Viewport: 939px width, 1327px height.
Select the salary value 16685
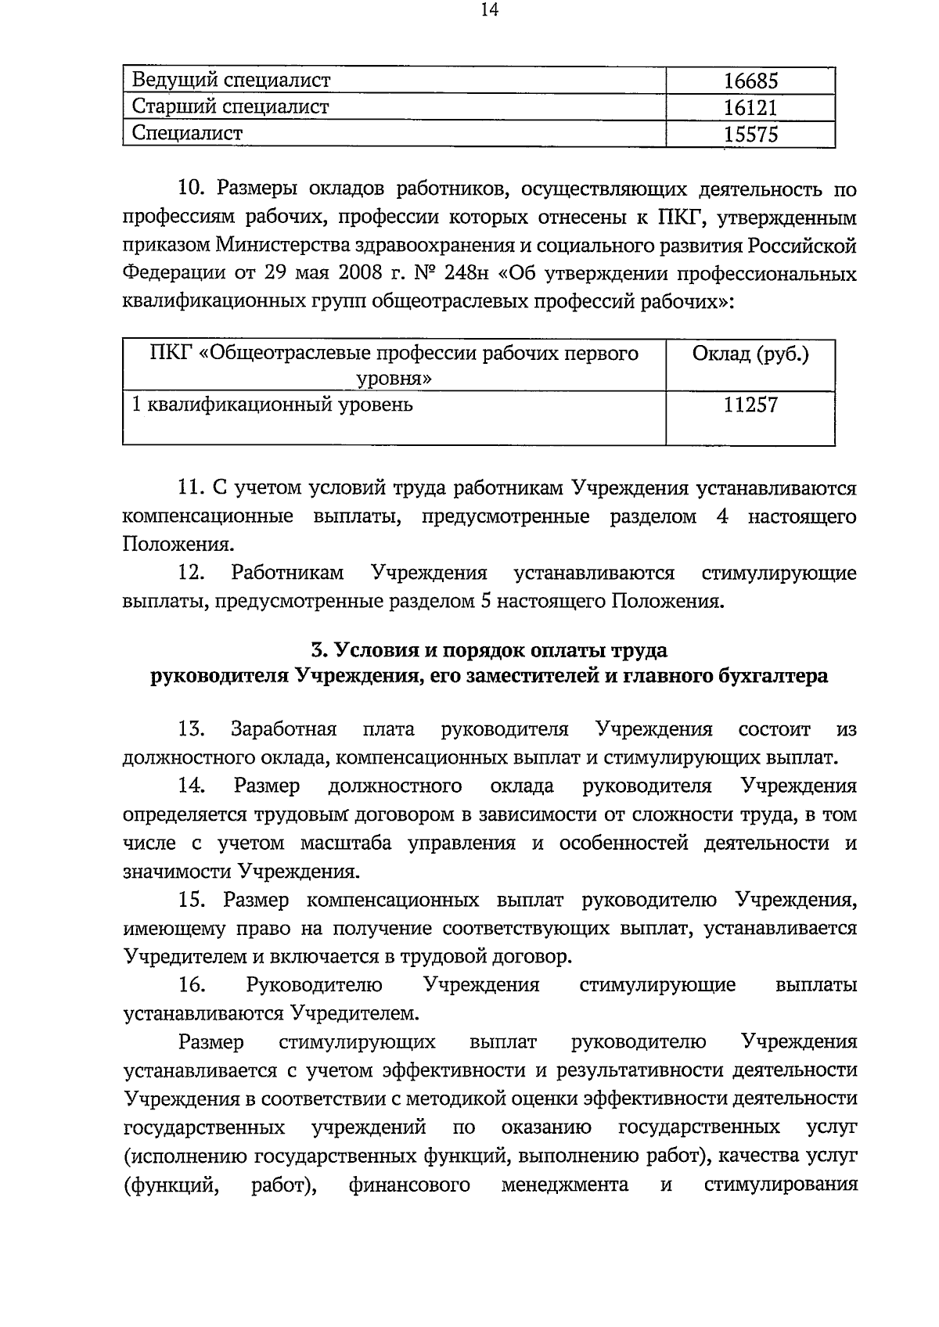tap(750, 81)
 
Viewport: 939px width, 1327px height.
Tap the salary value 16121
tap(750, 108)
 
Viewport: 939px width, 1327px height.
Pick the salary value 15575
tap(750, 135)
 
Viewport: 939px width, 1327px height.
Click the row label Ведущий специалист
tap(232, 80)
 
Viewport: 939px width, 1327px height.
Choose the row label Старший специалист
tap(231, 107)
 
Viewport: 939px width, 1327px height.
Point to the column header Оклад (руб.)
tap(750, 354)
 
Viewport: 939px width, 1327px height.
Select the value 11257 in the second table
tap(750, 405)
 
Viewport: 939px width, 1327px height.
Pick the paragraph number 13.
tap(192, 729)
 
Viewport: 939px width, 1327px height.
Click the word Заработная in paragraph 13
tap(284, 729)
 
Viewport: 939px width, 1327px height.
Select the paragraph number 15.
tap(192, 900)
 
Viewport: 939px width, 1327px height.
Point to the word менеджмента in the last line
tap(565, 1185)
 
